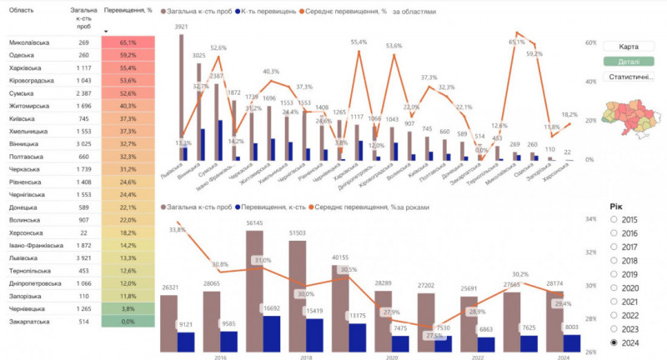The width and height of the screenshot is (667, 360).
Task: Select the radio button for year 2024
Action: click(x=615, y=342)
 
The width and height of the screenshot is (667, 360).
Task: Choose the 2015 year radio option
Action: click(x=615, y=218)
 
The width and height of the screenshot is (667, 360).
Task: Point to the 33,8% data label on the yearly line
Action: click(x=177, y=228)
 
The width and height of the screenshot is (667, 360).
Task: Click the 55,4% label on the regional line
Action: click(x=359, y=42)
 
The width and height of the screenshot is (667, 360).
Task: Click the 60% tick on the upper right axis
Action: click(x=589, y=42)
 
